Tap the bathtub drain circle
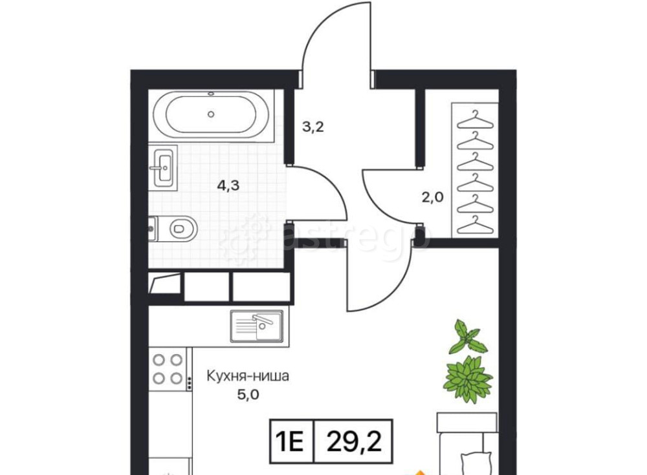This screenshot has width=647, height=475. [211, 114]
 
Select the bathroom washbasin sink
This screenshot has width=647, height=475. [164, 167]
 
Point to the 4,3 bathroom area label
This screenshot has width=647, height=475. [228, 185]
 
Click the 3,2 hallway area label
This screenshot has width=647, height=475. [313, 127]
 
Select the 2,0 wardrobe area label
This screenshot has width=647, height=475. [432, 197]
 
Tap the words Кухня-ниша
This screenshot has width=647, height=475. [248, 376]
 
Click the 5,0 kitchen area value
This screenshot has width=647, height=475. [248, 395]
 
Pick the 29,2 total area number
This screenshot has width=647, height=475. [354, 441]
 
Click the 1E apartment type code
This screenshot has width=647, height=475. [291, 441]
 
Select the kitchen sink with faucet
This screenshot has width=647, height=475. [257, 326]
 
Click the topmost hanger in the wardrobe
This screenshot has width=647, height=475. [476, 120]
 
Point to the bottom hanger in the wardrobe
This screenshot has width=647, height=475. [476, 225]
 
